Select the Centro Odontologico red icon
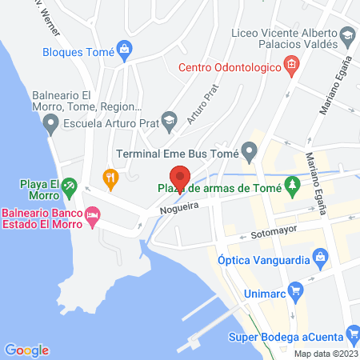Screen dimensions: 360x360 pyautogui.click(x=292, y=65)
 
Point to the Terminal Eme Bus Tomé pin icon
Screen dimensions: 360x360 pyautogui.click(x=250, y=150)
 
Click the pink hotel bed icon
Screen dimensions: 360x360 pyautogui.click(x=93, y=214)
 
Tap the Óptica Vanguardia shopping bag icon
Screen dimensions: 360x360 pyautogui.click(x=320, y=257)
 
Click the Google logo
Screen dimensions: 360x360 pyautogui.click(x=26, y=350)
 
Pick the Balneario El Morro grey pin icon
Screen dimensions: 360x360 pyautogui.click(x=51, y=123)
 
